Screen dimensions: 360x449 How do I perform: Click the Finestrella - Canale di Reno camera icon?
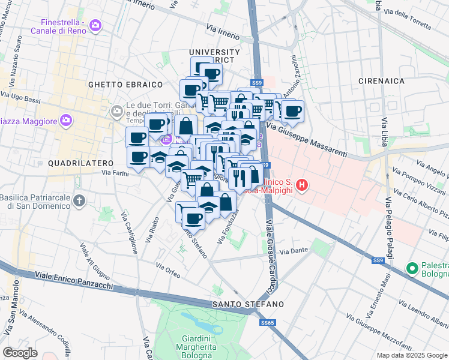pos(95,25)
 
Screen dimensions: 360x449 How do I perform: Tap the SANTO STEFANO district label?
pos(248,305)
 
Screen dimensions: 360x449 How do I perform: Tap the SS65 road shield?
pos(267,323)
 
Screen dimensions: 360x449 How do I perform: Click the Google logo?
pos(20,352)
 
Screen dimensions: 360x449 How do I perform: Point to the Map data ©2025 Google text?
pos(411,355)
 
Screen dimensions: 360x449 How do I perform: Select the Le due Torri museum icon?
pos(116,110)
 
